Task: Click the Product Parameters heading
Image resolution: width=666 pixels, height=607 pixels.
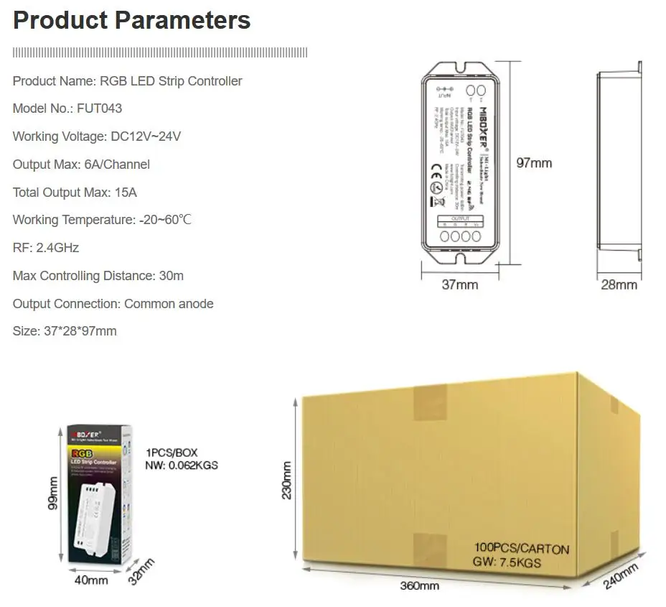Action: (x=132, y=20)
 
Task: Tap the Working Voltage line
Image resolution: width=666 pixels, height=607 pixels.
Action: (x=97, y=136)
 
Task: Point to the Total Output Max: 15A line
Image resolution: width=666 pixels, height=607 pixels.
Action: (x=75, y=193)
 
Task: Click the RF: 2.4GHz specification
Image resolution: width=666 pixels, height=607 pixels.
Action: (x=46, y=248)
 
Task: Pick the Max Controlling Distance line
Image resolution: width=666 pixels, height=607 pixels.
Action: (x=98, y=276)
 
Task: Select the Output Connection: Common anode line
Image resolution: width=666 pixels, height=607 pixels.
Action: (x=113, y=304)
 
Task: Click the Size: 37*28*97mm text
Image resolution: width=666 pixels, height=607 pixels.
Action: (x=65, y=331)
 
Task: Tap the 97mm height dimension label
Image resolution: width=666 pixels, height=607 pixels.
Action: (x=535, y=163)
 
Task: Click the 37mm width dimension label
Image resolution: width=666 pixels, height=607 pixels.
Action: (x=459, y=285)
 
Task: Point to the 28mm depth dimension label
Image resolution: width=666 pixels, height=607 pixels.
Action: (x=619, y=285)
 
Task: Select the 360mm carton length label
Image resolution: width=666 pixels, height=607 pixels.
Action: (x=420, y=586)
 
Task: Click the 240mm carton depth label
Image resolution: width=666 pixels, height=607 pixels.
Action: (x=620, y=576)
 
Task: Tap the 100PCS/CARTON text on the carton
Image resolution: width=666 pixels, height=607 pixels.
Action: (x=522, y=550)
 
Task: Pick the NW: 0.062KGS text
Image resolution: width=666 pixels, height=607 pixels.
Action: (x=182, y=465)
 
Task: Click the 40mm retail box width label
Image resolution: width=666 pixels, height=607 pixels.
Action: (x=91, y=580)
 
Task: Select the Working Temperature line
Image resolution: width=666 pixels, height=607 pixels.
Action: (x=102, y=220)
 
